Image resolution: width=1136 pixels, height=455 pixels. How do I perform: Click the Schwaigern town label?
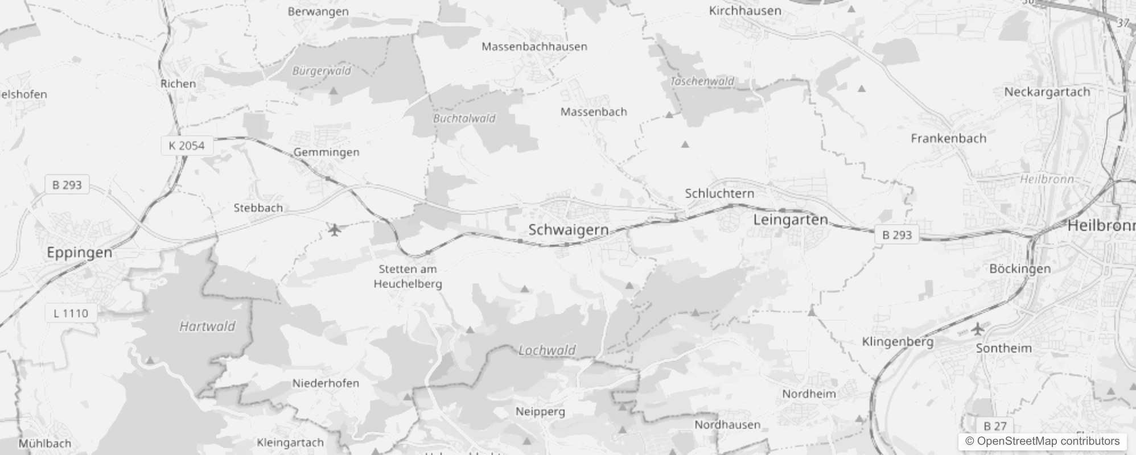568,230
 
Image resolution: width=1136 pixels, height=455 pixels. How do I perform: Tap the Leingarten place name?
791,220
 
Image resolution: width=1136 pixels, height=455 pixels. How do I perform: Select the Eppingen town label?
79,253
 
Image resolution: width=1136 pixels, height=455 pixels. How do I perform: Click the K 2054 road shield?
186,146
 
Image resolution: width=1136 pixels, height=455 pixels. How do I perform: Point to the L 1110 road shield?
71,313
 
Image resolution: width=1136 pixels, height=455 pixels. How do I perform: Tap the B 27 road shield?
995,425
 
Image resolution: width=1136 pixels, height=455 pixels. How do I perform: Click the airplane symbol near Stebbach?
335,230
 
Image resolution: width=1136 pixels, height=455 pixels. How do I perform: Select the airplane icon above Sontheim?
978,328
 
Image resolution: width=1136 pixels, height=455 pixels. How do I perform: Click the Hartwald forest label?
207,326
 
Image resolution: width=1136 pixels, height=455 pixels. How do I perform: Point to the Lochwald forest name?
547,350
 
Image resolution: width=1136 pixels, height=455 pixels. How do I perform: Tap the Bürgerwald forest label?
322,71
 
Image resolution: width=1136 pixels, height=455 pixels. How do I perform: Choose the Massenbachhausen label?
534,47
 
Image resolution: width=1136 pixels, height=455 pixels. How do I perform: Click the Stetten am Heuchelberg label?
408,276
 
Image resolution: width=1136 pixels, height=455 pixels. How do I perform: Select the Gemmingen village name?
326,152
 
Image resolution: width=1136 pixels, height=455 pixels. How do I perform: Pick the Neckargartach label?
1047,92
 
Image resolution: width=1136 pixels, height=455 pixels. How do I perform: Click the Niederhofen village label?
326,383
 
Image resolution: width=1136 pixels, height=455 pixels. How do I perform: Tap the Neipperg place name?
540,411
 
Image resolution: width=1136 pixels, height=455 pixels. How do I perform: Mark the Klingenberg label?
898,342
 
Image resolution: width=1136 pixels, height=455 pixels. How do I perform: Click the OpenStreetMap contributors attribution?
1042,441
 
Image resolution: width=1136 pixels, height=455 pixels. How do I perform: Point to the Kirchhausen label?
744,11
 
